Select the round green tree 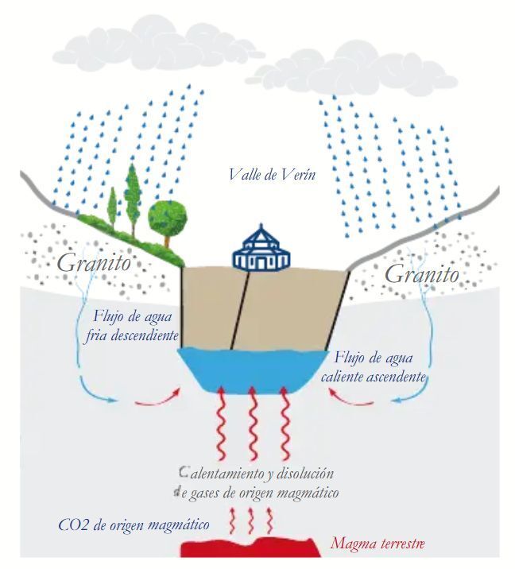(168, 215)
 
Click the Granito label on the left (93, 263)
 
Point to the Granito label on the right (421, 275)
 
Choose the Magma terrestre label (378, 544)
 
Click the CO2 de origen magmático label (134, 524)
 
